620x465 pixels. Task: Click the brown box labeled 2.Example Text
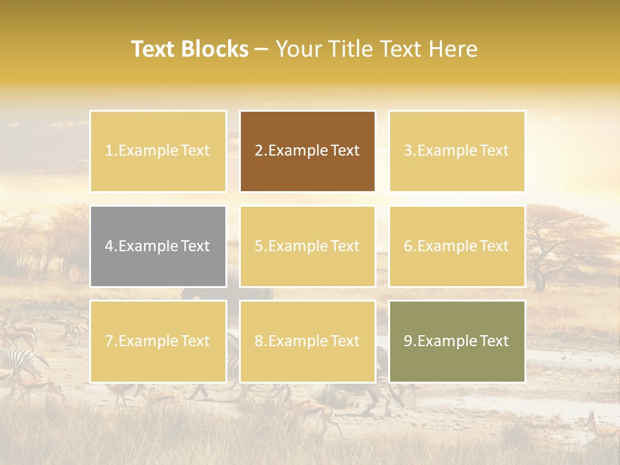coord(307,151)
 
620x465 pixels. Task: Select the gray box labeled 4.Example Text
coord(158,246)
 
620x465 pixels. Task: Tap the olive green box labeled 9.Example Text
coord(457,341)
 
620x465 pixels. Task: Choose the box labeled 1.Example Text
coord(158,151)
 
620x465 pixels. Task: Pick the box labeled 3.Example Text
coord(457,151)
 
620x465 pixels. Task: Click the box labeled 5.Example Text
coord(307,246)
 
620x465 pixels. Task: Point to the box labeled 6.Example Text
coord(457,246)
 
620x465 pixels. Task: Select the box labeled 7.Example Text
coord(158,341)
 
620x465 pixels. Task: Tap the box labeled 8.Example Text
coord(307,341)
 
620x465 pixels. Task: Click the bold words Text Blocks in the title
coord(190,49)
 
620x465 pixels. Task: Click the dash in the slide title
coord(262,50)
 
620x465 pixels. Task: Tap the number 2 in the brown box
coord(258,151)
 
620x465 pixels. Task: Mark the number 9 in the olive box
coord(408,341)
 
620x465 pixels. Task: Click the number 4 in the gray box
coord(109,246)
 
